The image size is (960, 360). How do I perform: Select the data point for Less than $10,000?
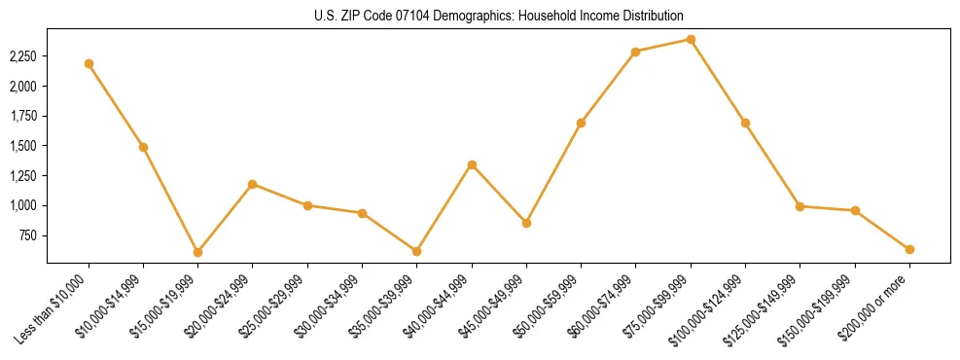pos(89,63)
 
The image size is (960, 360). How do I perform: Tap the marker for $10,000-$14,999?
pos(143,147)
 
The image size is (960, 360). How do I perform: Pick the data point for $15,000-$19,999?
pos(197,252)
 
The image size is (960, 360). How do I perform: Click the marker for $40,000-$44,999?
pos(472,164)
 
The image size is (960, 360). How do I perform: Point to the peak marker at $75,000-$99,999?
pos(691,39)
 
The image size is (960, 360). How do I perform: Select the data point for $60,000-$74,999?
pos(635,52)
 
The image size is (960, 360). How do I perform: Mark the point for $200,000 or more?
pos(909,249)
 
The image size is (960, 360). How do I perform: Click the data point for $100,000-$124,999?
pos(745,123)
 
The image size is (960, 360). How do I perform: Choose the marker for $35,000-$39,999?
pos(416,251)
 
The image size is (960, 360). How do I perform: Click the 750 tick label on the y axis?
pos(29,235)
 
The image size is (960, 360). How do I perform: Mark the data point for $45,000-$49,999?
pos(526,223)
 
